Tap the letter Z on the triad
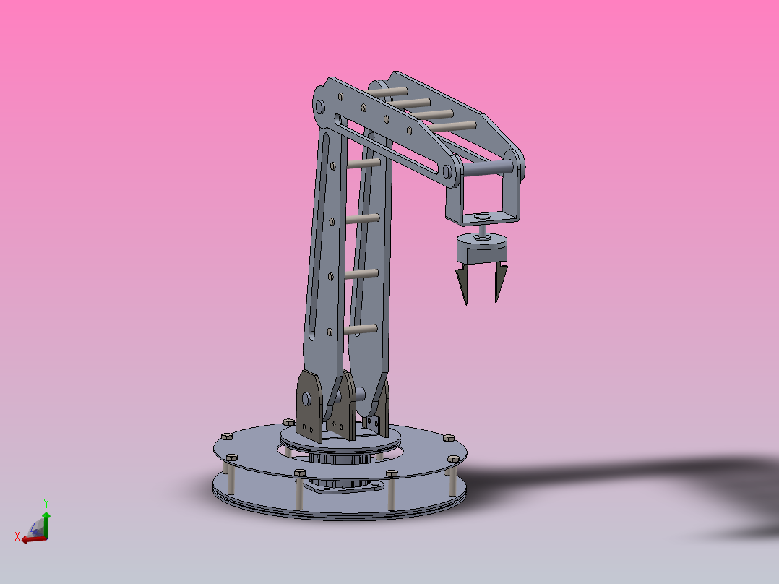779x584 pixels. [32, 527]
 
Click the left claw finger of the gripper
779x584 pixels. [461, 284]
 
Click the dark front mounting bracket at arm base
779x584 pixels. [310, 405]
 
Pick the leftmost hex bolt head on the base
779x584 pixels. [225, 437]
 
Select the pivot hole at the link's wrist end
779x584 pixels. [447, 171]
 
